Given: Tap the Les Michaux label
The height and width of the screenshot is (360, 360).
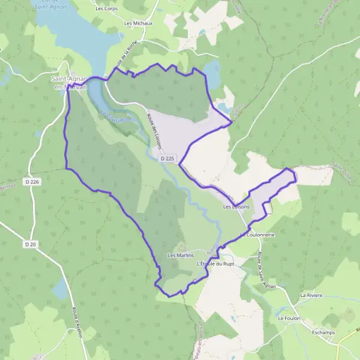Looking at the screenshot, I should (138, 23).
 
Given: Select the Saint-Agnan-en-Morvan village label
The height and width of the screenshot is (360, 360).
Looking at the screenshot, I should (70, 82).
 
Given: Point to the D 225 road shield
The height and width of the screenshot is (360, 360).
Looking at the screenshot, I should (167, 159).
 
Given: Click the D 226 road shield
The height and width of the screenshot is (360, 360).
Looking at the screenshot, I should (32, 181).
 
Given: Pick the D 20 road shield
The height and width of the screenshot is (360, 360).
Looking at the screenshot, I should (31, 244).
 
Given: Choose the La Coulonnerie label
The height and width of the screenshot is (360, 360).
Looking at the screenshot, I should (258, 235).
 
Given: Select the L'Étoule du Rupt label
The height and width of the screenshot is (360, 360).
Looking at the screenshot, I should (214, 263).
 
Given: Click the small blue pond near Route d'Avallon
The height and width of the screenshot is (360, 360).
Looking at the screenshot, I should (60, 289).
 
